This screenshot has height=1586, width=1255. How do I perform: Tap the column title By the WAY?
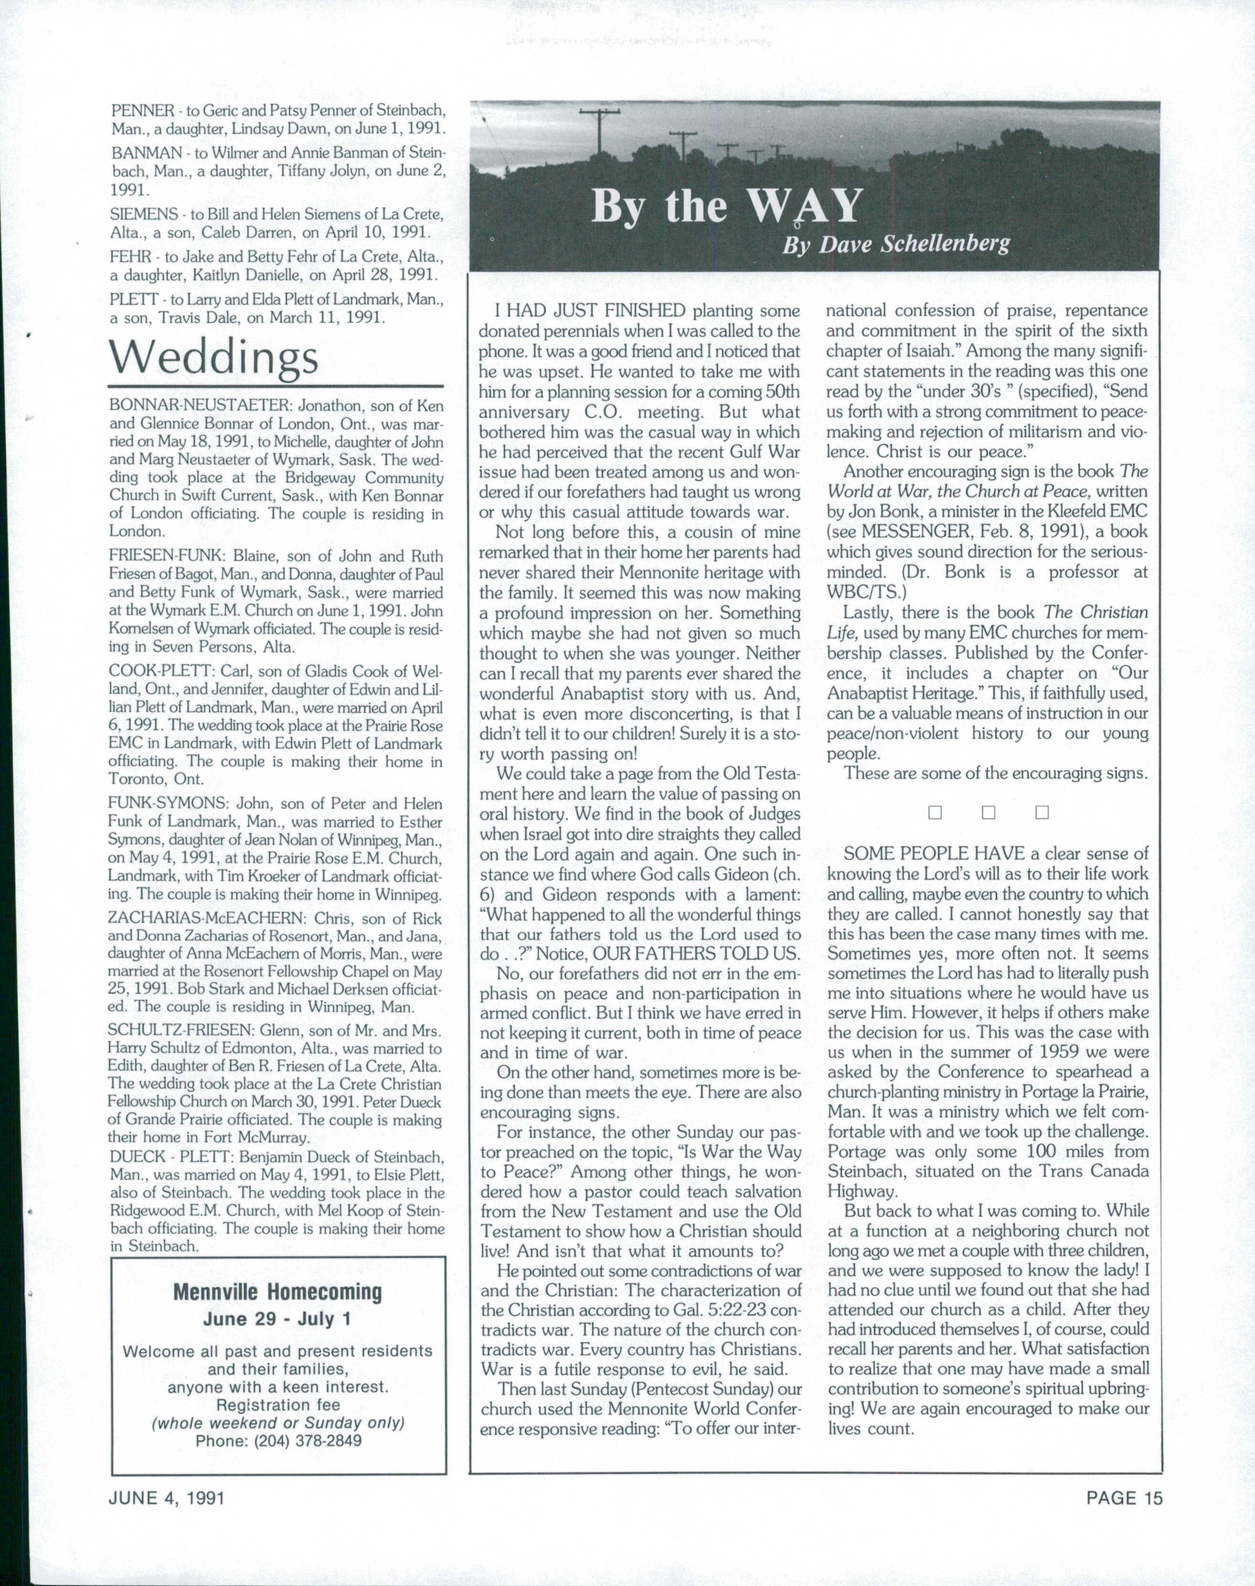[x=726, y=206]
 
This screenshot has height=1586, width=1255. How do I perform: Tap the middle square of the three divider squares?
[x=988, y=813]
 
